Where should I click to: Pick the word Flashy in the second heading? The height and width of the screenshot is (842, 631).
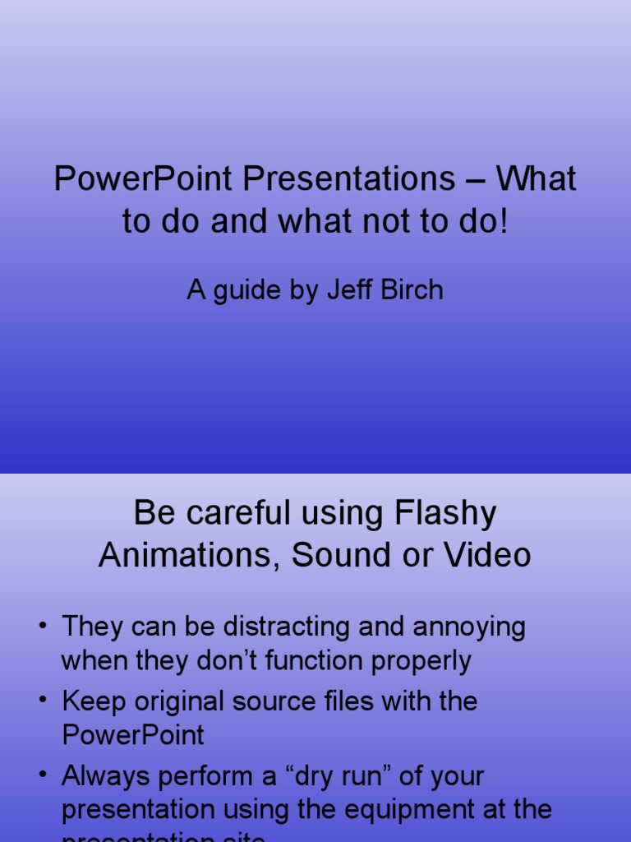coord(445,515)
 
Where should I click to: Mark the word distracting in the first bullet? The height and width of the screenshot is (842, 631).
coord(279,627)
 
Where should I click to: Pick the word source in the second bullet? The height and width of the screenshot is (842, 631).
coord(302,702)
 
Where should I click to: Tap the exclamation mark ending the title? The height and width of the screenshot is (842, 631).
coord(503,222)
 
